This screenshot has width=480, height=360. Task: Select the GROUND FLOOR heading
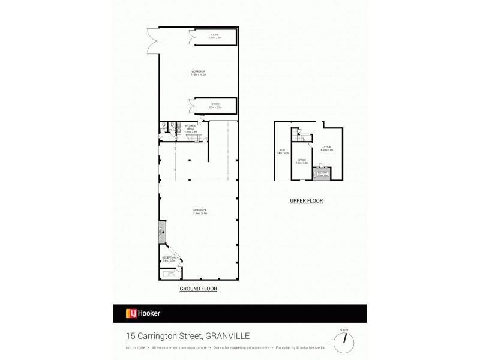click(198, 289)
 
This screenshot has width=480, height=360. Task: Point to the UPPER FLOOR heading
click(307, 201)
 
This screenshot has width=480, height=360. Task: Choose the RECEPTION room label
click(169, 258)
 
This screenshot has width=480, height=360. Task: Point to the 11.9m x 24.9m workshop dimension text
click(199, 213)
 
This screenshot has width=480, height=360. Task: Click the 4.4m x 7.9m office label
click(326, 149)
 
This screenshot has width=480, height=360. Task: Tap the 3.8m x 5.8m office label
click(302, 161)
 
